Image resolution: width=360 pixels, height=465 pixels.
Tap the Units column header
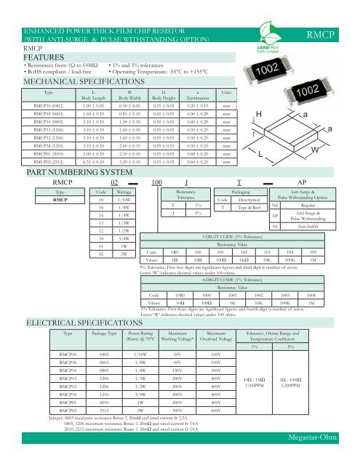click(226, 93)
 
